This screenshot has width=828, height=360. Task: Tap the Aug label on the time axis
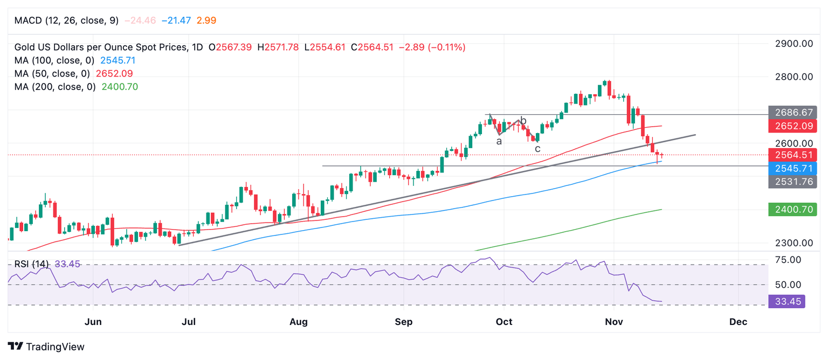[x=298, y=322]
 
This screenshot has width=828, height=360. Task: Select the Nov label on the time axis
[x=614, y=322]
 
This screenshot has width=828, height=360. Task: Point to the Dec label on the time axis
[x=738, y=322]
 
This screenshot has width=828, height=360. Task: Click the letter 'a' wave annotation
[x=499, y=141]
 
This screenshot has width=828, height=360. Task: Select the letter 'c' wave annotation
[x=537, y=148]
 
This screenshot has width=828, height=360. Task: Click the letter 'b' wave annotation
[x=523, y=121]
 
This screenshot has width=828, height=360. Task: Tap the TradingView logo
[x=46, y=347]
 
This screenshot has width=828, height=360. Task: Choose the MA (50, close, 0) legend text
[x=52, y=73]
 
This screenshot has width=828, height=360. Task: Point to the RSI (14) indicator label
[x=31, y=264]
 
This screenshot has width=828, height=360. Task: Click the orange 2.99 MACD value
[x=206, y=20]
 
